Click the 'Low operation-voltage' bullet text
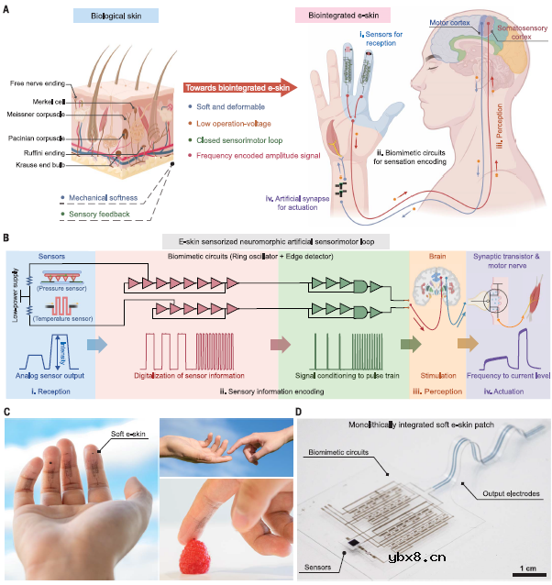pos(233,124)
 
